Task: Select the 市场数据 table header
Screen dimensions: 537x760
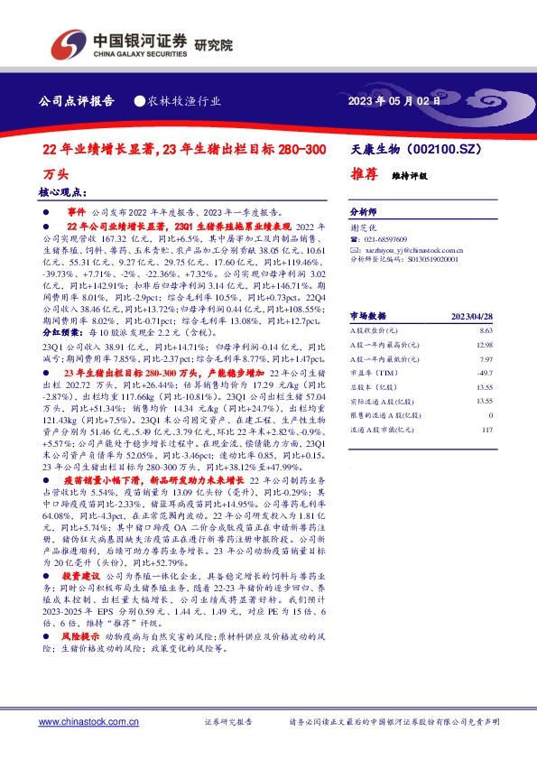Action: [367, 316]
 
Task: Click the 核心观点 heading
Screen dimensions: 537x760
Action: [62, 193]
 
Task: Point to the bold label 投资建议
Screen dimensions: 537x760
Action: [79, 574]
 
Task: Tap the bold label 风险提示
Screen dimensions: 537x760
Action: [79, 636]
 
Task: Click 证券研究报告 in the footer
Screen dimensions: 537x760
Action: [228, 722]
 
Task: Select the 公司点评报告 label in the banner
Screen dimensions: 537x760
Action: [77, 101]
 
